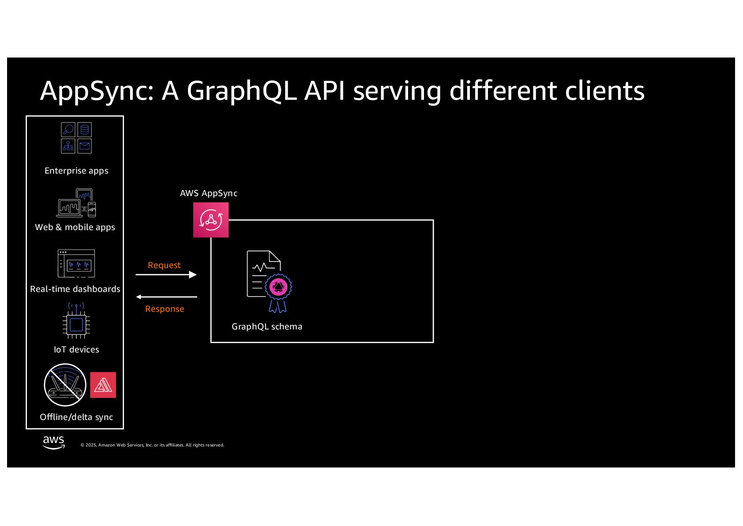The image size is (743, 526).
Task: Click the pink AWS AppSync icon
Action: [211, 220]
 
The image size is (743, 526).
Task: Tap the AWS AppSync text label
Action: [209, 193]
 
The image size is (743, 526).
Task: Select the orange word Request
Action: [164, 265]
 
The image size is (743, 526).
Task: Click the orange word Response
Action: [165, 309]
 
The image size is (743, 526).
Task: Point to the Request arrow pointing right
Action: [166, 275]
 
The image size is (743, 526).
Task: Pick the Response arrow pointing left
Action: [166, 297]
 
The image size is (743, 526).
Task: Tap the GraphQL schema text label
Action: [267, 326]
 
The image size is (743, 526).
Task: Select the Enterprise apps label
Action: [76, 170]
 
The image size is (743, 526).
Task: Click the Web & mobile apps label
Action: [75, 227]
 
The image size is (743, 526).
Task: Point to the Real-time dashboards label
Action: [75, 289]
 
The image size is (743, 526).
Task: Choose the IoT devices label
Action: [76, 349]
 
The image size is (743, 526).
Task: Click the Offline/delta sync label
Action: [76, 417]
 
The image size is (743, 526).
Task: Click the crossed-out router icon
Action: [65, 385]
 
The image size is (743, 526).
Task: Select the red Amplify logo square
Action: [103, 385]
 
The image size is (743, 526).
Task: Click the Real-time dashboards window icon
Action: [76, 264]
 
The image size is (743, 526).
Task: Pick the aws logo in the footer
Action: [54, 443]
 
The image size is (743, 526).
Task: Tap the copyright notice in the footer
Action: [152, 445]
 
